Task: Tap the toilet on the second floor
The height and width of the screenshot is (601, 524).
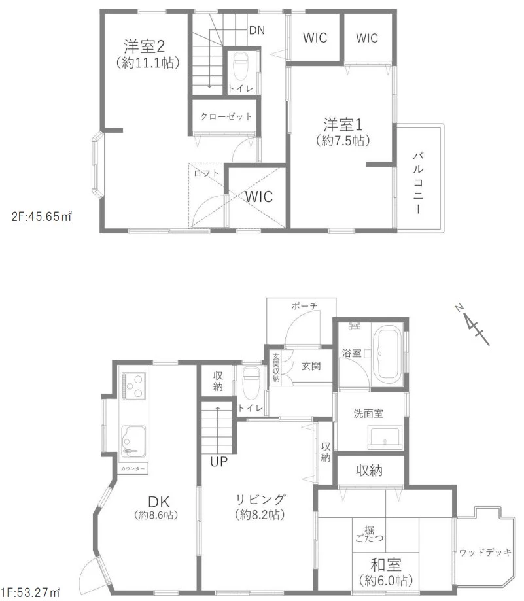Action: [241, 65]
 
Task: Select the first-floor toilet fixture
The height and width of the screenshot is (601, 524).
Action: [251, 383]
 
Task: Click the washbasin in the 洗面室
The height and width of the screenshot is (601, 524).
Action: [385, 437]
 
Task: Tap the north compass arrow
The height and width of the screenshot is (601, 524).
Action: [472, 325]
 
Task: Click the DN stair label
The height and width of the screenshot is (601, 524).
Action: [257, 30]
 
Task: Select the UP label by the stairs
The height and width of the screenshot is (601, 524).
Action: [219, 462]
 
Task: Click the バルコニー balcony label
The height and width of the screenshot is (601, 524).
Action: [419, 183]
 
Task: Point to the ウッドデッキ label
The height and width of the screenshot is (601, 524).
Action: [485, 553]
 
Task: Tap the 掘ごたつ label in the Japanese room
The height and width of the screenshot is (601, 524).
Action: [369, 534]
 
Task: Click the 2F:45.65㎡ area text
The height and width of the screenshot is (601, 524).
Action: [41, 216]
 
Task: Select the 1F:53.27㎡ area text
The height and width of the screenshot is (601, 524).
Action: [30, 592]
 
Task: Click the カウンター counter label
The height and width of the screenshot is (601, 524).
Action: [133, 469]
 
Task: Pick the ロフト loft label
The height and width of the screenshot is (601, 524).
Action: [206, 173]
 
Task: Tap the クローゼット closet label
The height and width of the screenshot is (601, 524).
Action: [226, 116]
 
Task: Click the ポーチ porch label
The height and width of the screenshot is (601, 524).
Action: [305, 306]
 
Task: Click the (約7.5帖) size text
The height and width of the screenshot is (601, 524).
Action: [343, 141]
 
